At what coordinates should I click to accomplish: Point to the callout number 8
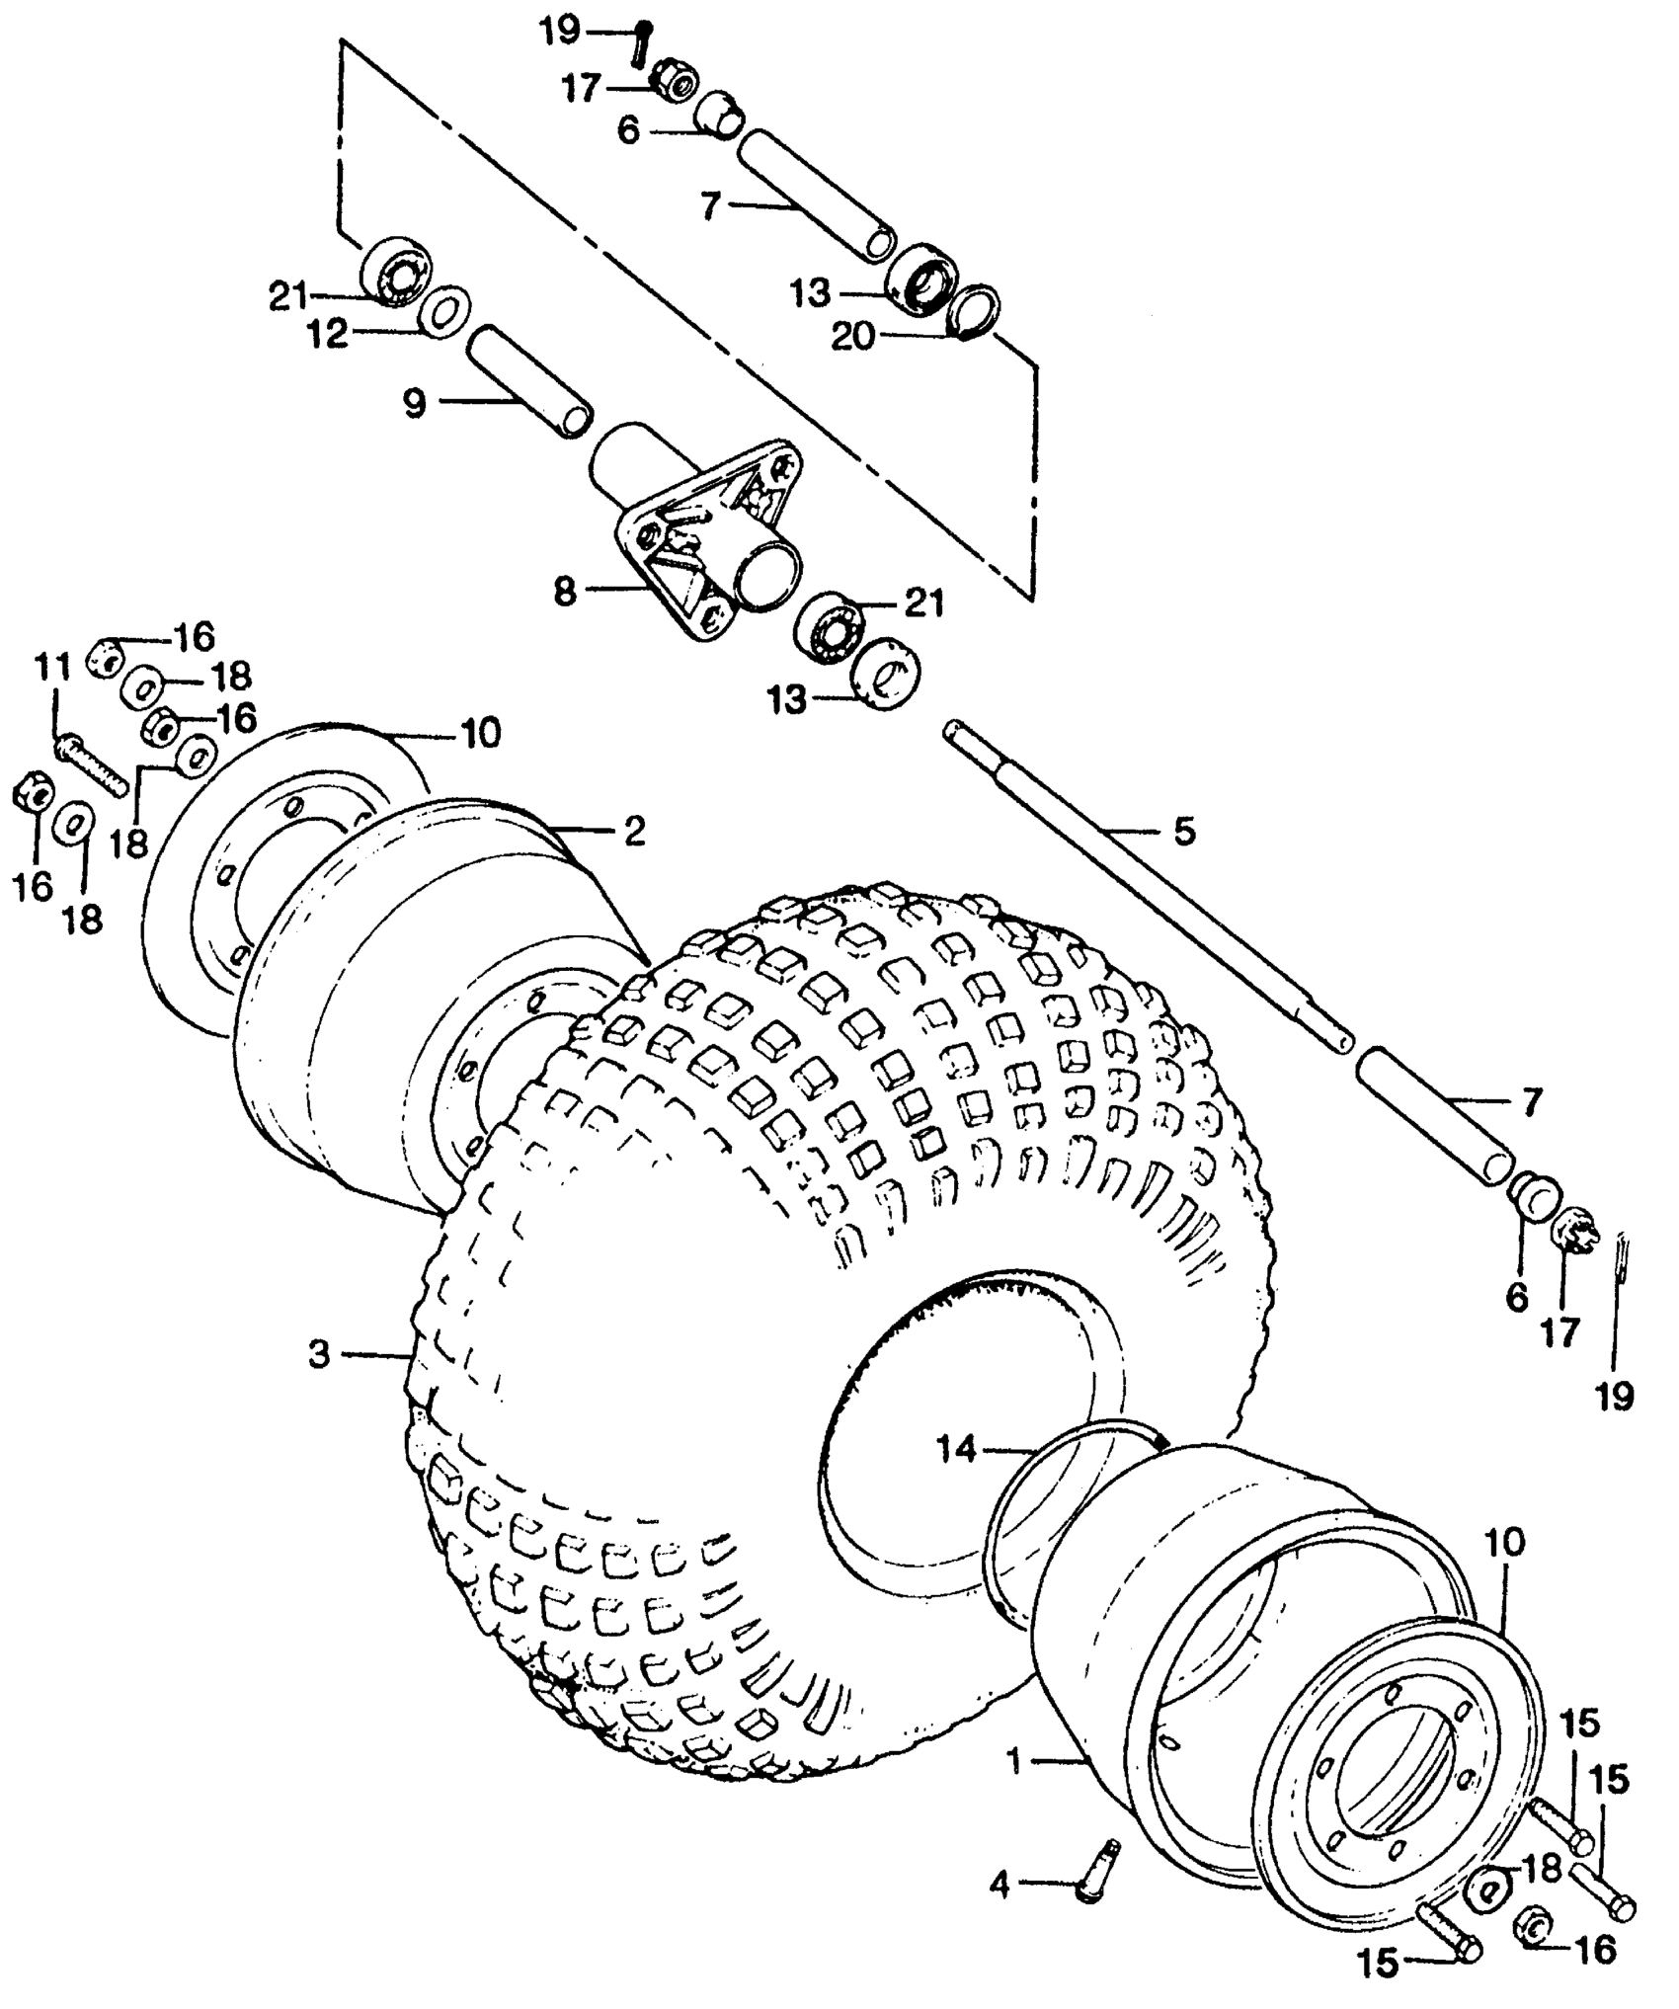click(x=564, y=594)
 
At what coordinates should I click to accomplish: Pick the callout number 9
click(x=414, y=403)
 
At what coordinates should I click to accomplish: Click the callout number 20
click(x=853, y=338)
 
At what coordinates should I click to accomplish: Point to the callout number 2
click(x=633, y=831)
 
